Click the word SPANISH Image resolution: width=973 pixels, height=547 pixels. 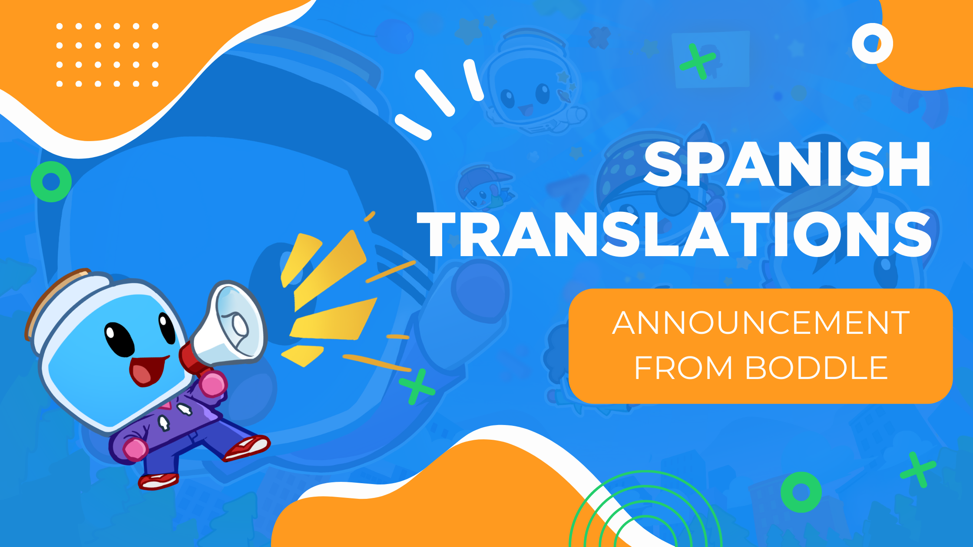pyautogui.click(x=786, y=165)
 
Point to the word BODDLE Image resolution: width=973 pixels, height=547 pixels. pyautogui.click(x=817, y=368)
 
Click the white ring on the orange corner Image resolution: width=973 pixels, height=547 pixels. pyautogui.click(x=872, y=43)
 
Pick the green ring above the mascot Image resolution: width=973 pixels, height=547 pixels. pyautogui.click(x=51, y=181)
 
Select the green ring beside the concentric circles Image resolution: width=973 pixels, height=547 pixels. pyautogui.click(x=801, y=492)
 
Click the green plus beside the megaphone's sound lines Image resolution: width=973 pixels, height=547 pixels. pyautogui.click(x=417, y=386)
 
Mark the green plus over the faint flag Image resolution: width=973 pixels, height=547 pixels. pyautogui.click(x=698, y=61)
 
